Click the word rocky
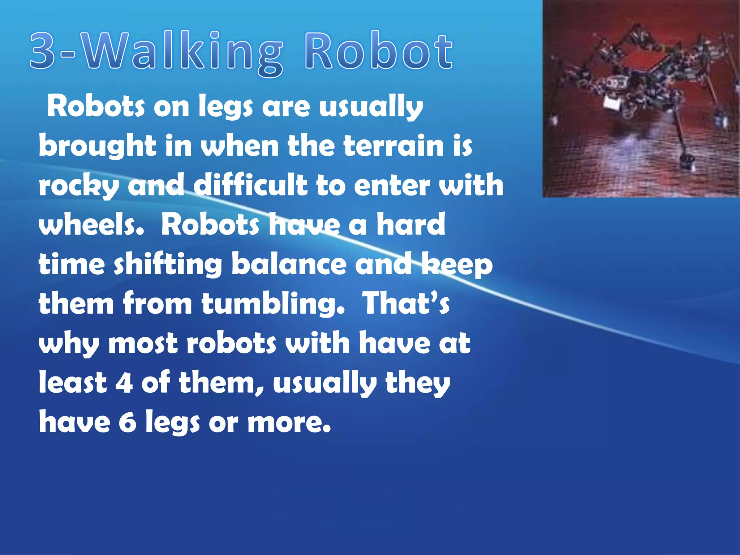pyautogui.click(x=78, y=186)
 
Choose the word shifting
pyautogui.click(x=168, y=264)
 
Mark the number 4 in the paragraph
pyautogui.click(x=124, y=383)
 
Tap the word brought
pyautogui.click(x=97, y=146)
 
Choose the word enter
pyautogui.click(x=392, y=185)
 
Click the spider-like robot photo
pyautogui.click(x=641, y=99)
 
